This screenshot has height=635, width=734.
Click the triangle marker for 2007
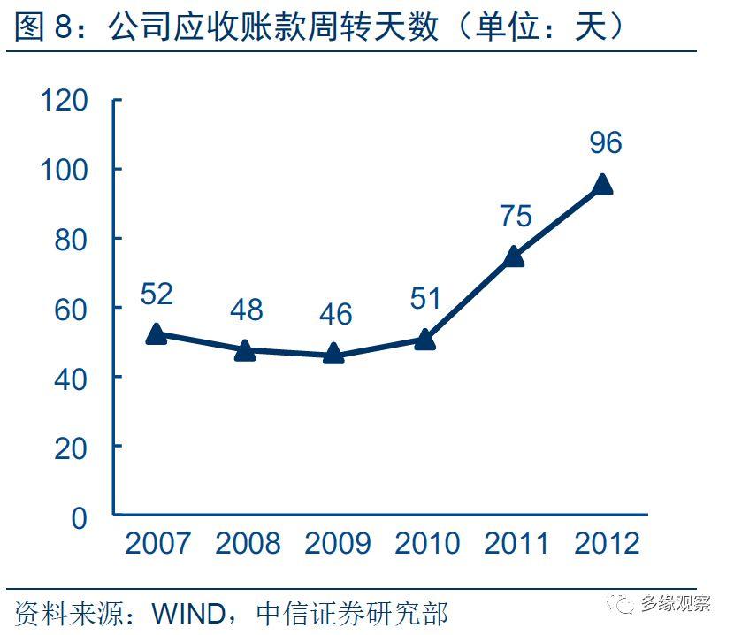[x=157, y=333]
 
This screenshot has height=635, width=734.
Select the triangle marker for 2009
[x=333, y=353]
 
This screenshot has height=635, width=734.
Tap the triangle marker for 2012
[x=602, y=184]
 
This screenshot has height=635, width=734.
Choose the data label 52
[x=157, y=294]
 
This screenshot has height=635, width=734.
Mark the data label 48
[x=247, y=310]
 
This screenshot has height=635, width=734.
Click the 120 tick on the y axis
[x=65, y=100]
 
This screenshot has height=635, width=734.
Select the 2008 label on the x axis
[x=247, y=543]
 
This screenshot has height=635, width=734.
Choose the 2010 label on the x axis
[x=426, y=543]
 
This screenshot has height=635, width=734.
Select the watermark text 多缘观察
[x=676, y=603]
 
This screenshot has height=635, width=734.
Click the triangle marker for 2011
[x=513, y=256]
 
